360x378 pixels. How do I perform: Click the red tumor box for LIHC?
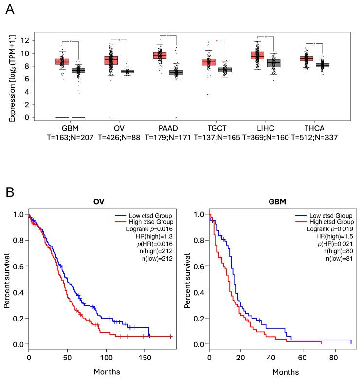coord(264,55)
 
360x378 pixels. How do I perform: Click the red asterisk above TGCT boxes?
coord(216,41)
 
